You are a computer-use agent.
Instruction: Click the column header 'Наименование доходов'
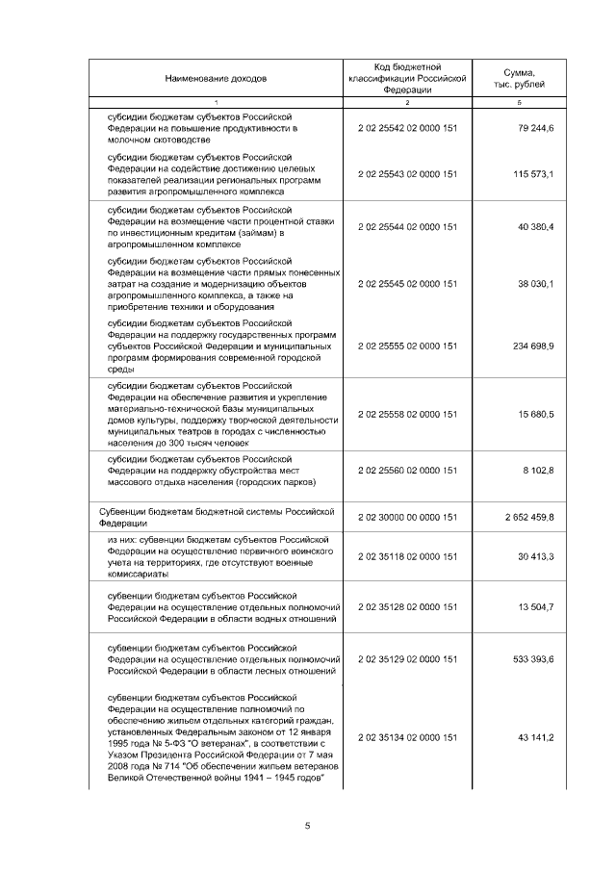tap(216, 78)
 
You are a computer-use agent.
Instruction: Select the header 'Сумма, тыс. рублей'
tap(519, 78)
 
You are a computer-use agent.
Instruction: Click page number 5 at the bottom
tap(308, 826)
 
